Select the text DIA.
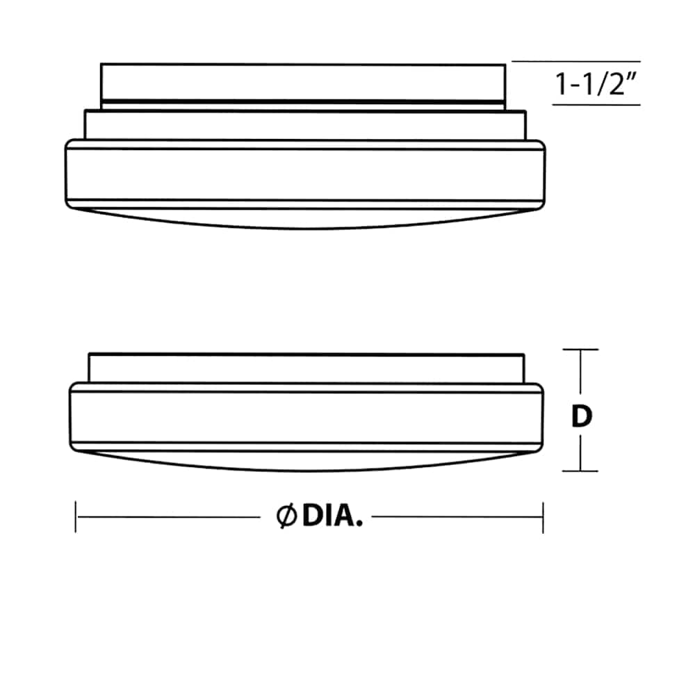332,517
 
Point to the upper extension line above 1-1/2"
575,62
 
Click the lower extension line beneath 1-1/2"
596,105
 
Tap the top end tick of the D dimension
580,350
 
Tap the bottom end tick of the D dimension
580,471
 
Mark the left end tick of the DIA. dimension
76,517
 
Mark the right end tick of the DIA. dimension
543,517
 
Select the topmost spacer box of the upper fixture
304,82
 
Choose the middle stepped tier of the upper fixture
304,125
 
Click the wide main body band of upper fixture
304,174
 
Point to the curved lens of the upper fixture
304,217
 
